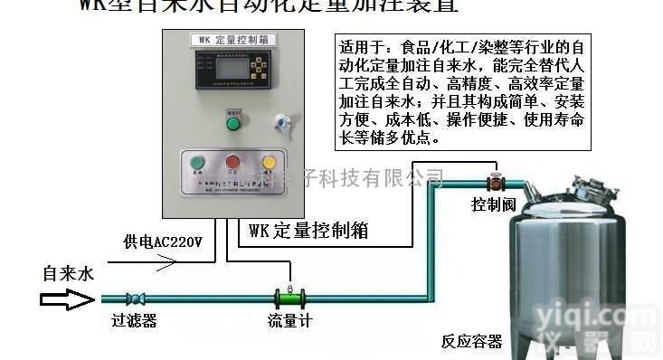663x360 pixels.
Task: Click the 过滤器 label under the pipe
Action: (134, 320)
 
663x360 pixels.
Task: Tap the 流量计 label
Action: (289, 320)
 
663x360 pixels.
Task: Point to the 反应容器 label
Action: (471, 342)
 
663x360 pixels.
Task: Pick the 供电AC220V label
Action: (163, 243)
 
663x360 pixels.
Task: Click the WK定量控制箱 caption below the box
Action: (308, 230)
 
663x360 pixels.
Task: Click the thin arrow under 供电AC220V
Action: (153, 263)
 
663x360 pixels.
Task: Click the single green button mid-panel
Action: (232, 122)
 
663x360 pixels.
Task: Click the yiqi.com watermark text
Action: (594, 319)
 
